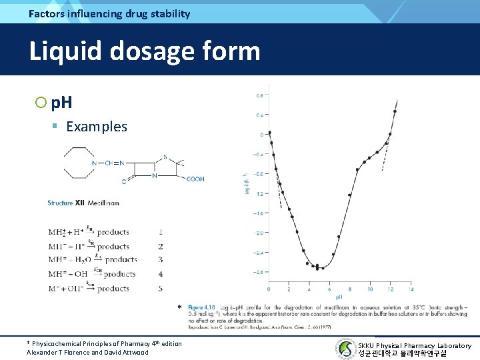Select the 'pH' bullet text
(x=62, y=103)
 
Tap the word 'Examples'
(x=97, y=127)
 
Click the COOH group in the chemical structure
(x=195, y=179)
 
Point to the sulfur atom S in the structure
(x=165, y=158)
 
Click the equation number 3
(x=161, y=259)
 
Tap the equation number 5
(x=161, y=288)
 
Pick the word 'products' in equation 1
(x=113, y=232)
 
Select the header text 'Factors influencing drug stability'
(x=109, y=13)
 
